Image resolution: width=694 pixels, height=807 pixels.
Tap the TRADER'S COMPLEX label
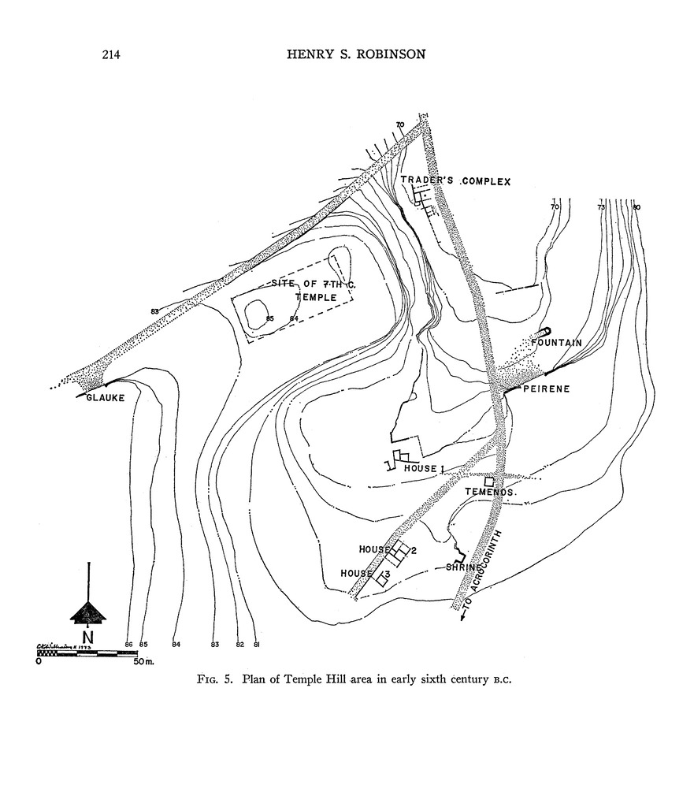coord(455,181)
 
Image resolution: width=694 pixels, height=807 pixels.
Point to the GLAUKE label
coord(106,397)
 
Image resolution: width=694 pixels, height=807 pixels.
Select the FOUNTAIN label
coord(556,343)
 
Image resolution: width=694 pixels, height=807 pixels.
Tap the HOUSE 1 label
coord(425,469)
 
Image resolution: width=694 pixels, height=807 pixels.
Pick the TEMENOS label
coord(489,492)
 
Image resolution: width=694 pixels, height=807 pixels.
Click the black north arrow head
coord(87,612)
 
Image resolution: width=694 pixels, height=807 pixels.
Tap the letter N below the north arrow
coord(87,636)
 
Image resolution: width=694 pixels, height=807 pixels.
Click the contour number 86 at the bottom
coord(129,645)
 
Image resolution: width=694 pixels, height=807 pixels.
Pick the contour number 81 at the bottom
coord(257,645)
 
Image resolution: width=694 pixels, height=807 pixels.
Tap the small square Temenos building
coord(489,481)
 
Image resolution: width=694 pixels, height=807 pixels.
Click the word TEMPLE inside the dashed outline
coord(316,298)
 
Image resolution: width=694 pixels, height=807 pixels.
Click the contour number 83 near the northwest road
coord(154,311)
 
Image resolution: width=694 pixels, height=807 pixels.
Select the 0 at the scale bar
coord(39,661)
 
